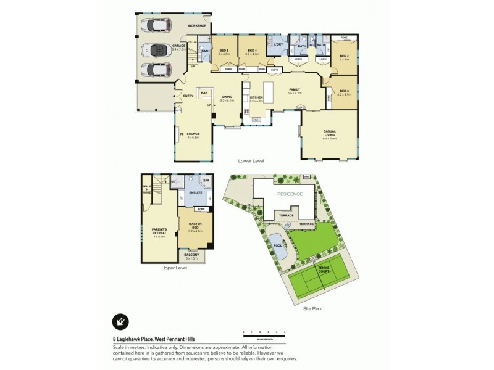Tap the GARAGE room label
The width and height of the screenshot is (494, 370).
179,46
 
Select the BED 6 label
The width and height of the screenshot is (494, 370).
224,50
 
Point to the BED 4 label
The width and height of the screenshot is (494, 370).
251,50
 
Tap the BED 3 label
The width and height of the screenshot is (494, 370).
344,91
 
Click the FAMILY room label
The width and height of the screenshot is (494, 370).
295,90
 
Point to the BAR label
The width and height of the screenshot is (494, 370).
203,92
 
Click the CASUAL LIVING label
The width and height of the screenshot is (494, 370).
329,133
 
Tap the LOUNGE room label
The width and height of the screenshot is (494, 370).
194,133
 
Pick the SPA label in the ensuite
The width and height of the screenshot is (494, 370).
206,181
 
